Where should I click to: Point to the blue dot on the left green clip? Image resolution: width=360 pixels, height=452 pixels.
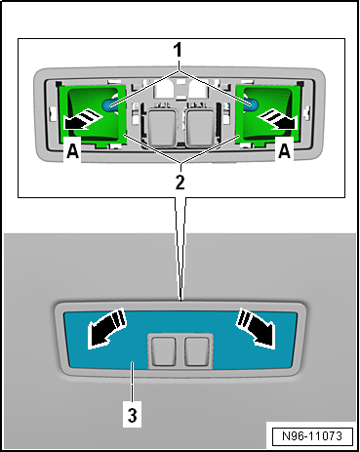pos(112,103)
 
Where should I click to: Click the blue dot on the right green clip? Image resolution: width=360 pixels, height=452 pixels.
pos(250,103)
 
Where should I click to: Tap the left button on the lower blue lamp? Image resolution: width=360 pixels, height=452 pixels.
pos(163,349)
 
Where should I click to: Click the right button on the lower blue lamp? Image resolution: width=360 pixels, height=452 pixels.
pos(197,349)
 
